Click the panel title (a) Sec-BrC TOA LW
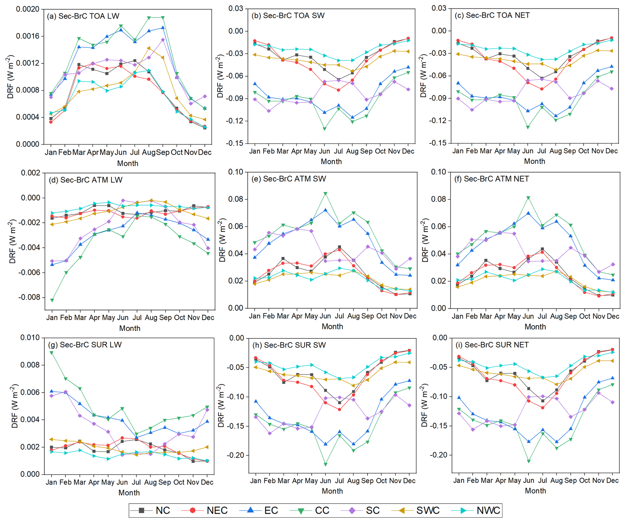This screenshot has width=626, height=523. click(83, 16)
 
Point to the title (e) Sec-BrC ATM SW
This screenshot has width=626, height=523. click(288, 179)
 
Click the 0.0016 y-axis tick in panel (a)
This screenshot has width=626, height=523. click(28, 36)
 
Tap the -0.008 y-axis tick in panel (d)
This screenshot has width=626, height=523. click(29, 298)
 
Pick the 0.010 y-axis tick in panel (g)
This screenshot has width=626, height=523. click(30, 337)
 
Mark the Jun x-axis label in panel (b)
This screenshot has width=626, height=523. click(324, 151)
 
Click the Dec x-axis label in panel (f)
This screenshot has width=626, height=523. click(613, 316)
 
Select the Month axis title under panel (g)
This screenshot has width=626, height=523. click(129, 493)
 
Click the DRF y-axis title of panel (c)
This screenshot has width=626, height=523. click(423, 76)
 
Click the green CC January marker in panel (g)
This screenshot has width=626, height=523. click(51, 353)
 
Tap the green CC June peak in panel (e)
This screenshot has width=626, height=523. click(325, 194)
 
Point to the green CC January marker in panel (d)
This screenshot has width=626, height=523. click(52, 300)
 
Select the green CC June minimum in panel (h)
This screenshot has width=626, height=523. click(326, 464)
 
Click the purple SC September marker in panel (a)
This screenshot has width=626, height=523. click(163, 40)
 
